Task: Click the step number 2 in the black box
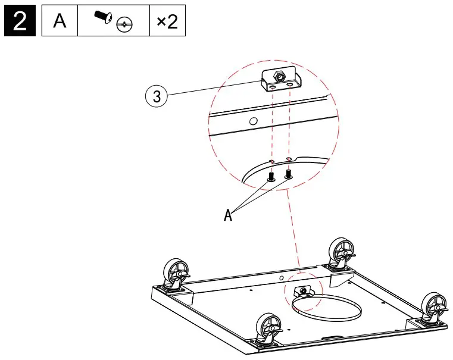(x=20, y=22)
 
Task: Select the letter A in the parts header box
(x=60, y=22)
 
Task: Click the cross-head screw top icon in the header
(x=124, y=25)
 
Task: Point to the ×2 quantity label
(x=166, y=22)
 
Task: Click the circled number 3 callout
(x=157, y=97)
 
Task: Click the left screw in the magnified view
(x=271, y=176)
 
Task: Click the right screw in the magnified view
(x=289, y=174)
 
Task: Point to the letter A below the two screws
(x=227, y=215)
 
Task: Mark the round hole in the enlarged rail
(x=253, y=121)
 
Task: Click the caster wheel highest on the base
(x=342, y=253)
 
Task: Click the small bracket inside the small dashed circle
(x=303, y=290)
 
